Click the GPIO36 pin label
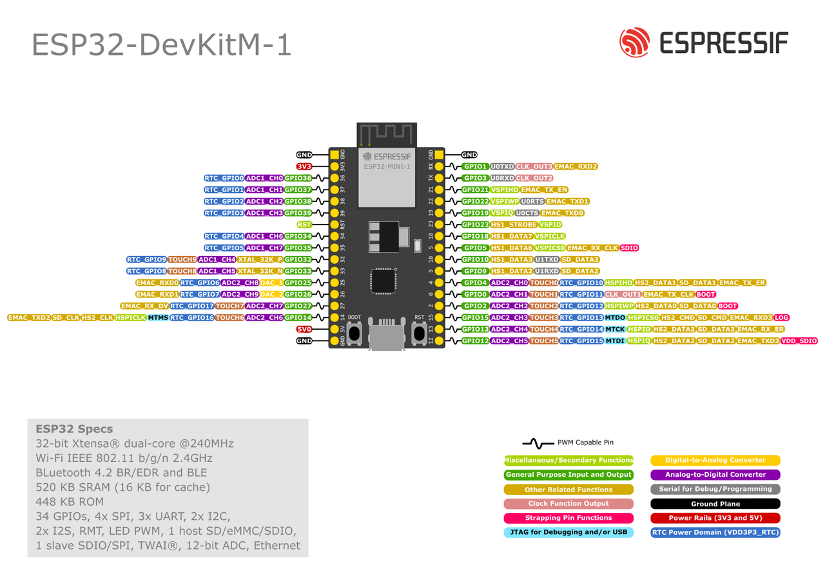click(298, 178)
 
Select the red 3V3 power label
click(304, 166)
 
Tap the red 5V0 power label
click(304, 329)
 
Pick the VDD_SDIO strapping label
click(799, 341)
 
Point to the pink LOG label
click(781, 317)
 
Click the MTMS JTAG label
click(158, 317)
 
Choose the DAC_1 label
click(271, 283)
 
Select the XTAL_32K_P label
click(260, 259)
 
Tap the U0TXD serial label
click(501, 166)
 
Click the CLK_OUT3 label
click(533, 166)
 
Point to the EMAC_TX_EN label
click(545, 190)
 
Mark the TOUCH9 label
click(182, 259)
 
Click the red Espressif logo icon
click(634, 43)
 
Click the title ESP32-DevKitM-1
click(162, 45)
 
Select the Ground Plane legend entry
click(715, 504)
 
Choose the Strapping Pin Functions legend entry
click(568, 518)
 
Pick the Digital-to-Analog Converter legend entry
click(715, 461)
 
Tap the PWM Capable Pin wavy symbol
click(538, 443)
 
